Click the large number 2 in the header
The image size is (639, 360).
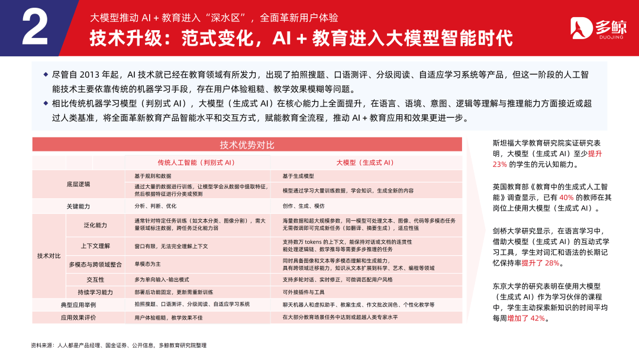coord(35,28)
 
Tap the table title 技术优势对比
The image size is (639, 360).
coord(247,145)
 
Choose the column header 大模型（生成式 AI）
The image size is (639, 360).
coord(365,162)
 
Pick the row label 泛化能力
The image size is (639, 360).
coord(95,225)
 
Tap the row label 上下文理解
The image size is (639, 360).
coord(95,245)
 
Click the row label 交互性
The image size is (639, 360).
coord(95,279)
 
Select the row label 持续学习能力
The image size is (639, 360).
coord(95,292)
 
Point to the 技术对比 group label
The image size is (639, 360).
coord(49,256)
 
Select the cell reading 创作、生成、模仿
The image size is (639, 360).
coord(304,206)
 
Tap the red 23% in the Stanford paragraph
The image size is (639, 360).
coord(500,164)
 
